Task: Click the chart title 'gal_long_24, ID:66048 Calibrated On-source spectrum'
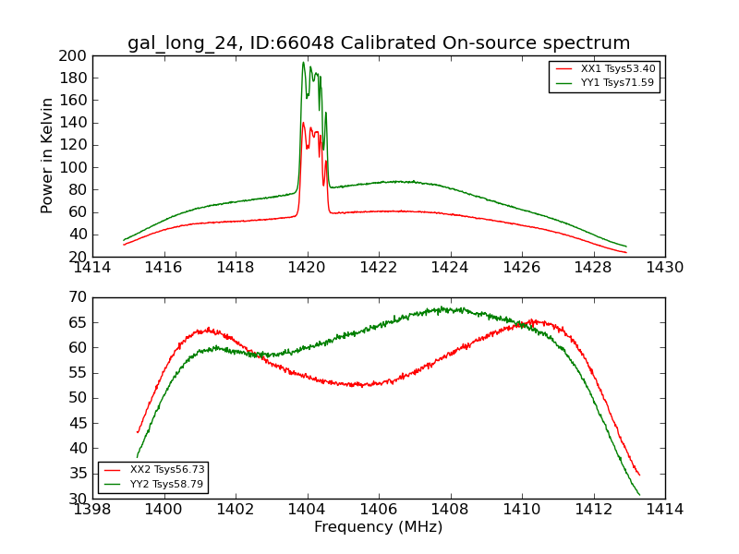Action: [x=379, y=43]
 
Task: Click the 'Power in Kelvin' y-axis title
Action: [x=48, y=156]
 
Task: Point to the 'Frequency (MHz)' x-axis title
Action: [x=379, y=527]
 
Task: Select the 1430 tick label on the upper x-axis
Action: [x=665, y=268]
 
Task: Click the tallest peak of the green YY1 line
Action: [x=303, y=63]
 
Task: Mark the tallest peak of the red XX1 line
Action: [x=303, y=123]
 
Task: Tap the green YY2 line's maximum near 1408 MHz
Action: [x=442, y=307]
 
